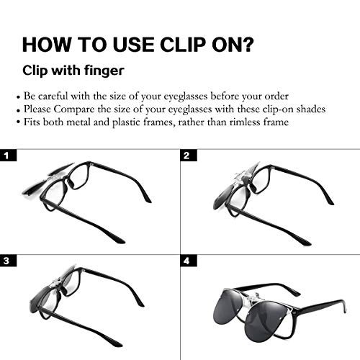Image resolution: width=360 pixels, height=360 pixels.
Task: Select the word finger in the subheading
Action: click(104, 72)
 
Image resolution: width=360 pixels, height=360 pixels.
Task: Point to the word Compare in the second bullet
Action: click(72, 108)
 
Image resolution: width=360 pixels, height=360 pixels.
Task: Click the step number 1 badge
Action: click(8, 156)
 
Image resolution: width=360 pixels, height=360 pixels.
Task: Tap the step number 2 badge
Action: click(187, 156)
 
